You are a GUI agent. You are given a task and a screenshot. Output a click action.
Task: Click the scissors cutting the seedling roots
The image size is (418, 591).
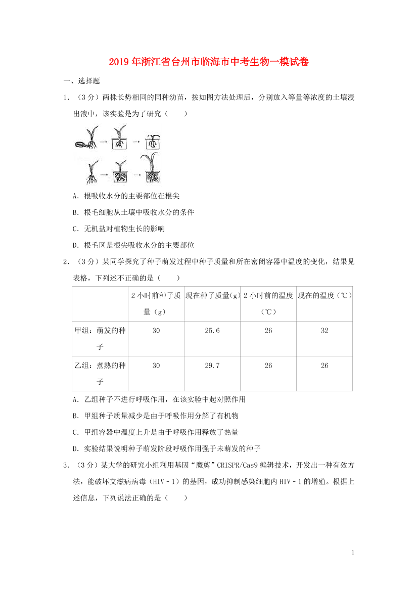(80, 144)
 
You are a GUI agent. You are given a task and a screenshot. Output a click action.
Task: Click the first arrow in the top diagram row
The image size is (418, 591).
(103, 142)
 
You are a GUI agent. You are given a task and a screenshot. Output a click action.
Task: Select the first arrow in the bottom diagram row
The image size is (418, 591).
(103, 174)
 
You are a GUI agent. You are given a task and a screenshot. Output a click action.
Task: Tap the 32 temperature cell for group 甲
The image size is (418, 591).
(324, 331)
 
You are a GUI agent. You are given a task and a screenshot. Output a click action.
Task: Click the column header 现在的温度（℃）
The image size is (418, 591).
(324, 296)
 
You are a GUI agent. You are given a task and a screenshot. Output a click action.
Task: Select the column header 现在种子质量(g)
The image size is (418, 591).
(212, 296)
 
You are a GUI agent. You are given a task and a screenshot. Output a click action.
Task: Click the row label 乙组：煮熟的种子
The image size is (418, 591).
(100, 373)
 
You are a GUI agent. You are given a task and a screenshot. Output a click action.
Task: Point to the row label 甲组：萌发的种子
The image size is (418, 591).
(100, 338)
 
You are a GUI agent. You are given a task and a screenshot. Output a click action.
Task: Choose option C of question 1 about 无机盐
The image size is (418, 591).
(119, 229)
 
